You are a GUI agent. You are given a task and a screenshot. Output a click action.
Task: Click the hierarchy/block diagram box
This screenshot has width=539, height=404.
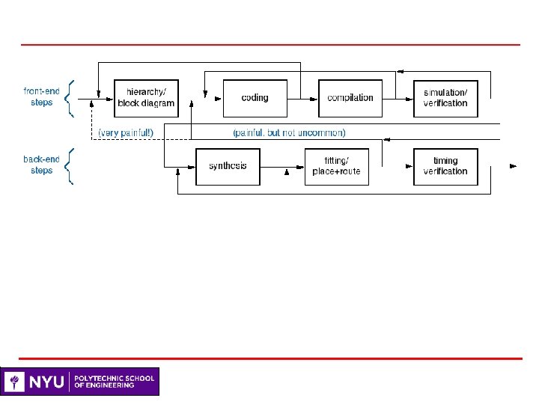click(x=146, y=97)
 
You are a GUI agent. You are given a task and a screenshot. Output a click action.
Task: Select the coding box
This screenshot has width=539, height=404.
click(x=255, y=97)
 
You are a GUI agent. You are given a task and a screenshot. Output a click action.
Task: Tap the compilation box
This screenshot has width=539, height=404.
click(x=350, y=97)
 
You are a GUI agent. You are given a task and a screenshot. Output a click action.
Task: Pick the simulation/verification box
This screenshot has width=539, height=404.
click(x=445, y=97)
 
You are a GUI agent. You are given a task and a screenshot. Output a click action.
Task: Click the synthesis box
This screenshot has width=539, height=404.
click(x=228, y=166)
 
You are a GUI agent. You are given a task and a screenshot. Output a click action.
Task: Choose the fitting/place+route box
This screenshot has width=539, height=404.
click(x=336, y=166)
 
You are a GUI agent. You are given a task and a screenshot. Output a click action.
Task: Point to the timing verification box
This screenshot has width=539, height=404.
click(x=445, y=166)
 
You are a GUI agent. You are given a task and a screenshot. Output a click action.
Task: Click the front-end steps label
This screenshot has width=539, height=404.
click(x=42, y=97)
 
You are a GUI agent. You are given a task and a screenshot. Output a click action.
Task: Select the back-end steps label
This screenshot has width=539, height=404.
click(x=42, y=165)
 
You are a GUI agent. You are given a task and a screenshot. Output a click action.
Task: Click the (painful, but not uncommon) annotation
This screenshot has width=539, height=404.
click(x=289, y=132)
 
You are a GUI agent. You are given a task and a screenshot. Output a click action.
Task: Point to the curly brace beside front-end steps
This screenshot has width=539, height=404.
click(x=69, y=97)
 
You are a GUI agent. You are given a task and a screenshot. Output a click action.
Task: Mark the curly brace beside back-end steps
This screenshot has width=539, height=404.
click(x=69, y=165)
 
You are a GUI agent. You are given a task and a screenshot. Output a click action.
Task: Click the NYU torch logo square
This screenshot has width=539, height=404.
click(x=14, y=382)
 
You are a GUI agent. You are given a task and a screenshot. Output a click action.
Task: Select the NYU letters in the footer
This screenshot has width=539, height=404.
click(x=46, y=382)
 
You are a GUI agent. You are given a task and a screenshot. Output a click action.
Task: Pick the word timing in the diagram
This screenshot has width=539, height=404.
click(x=445, y=161)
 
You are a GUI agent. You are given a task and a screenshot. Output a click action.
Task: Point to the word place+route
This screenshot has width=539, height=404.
click(x=336, y=171)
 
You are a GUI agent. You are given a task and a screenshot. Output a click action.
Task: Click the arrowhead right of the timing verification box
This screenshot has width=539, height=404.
click(x=513, y=166)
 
